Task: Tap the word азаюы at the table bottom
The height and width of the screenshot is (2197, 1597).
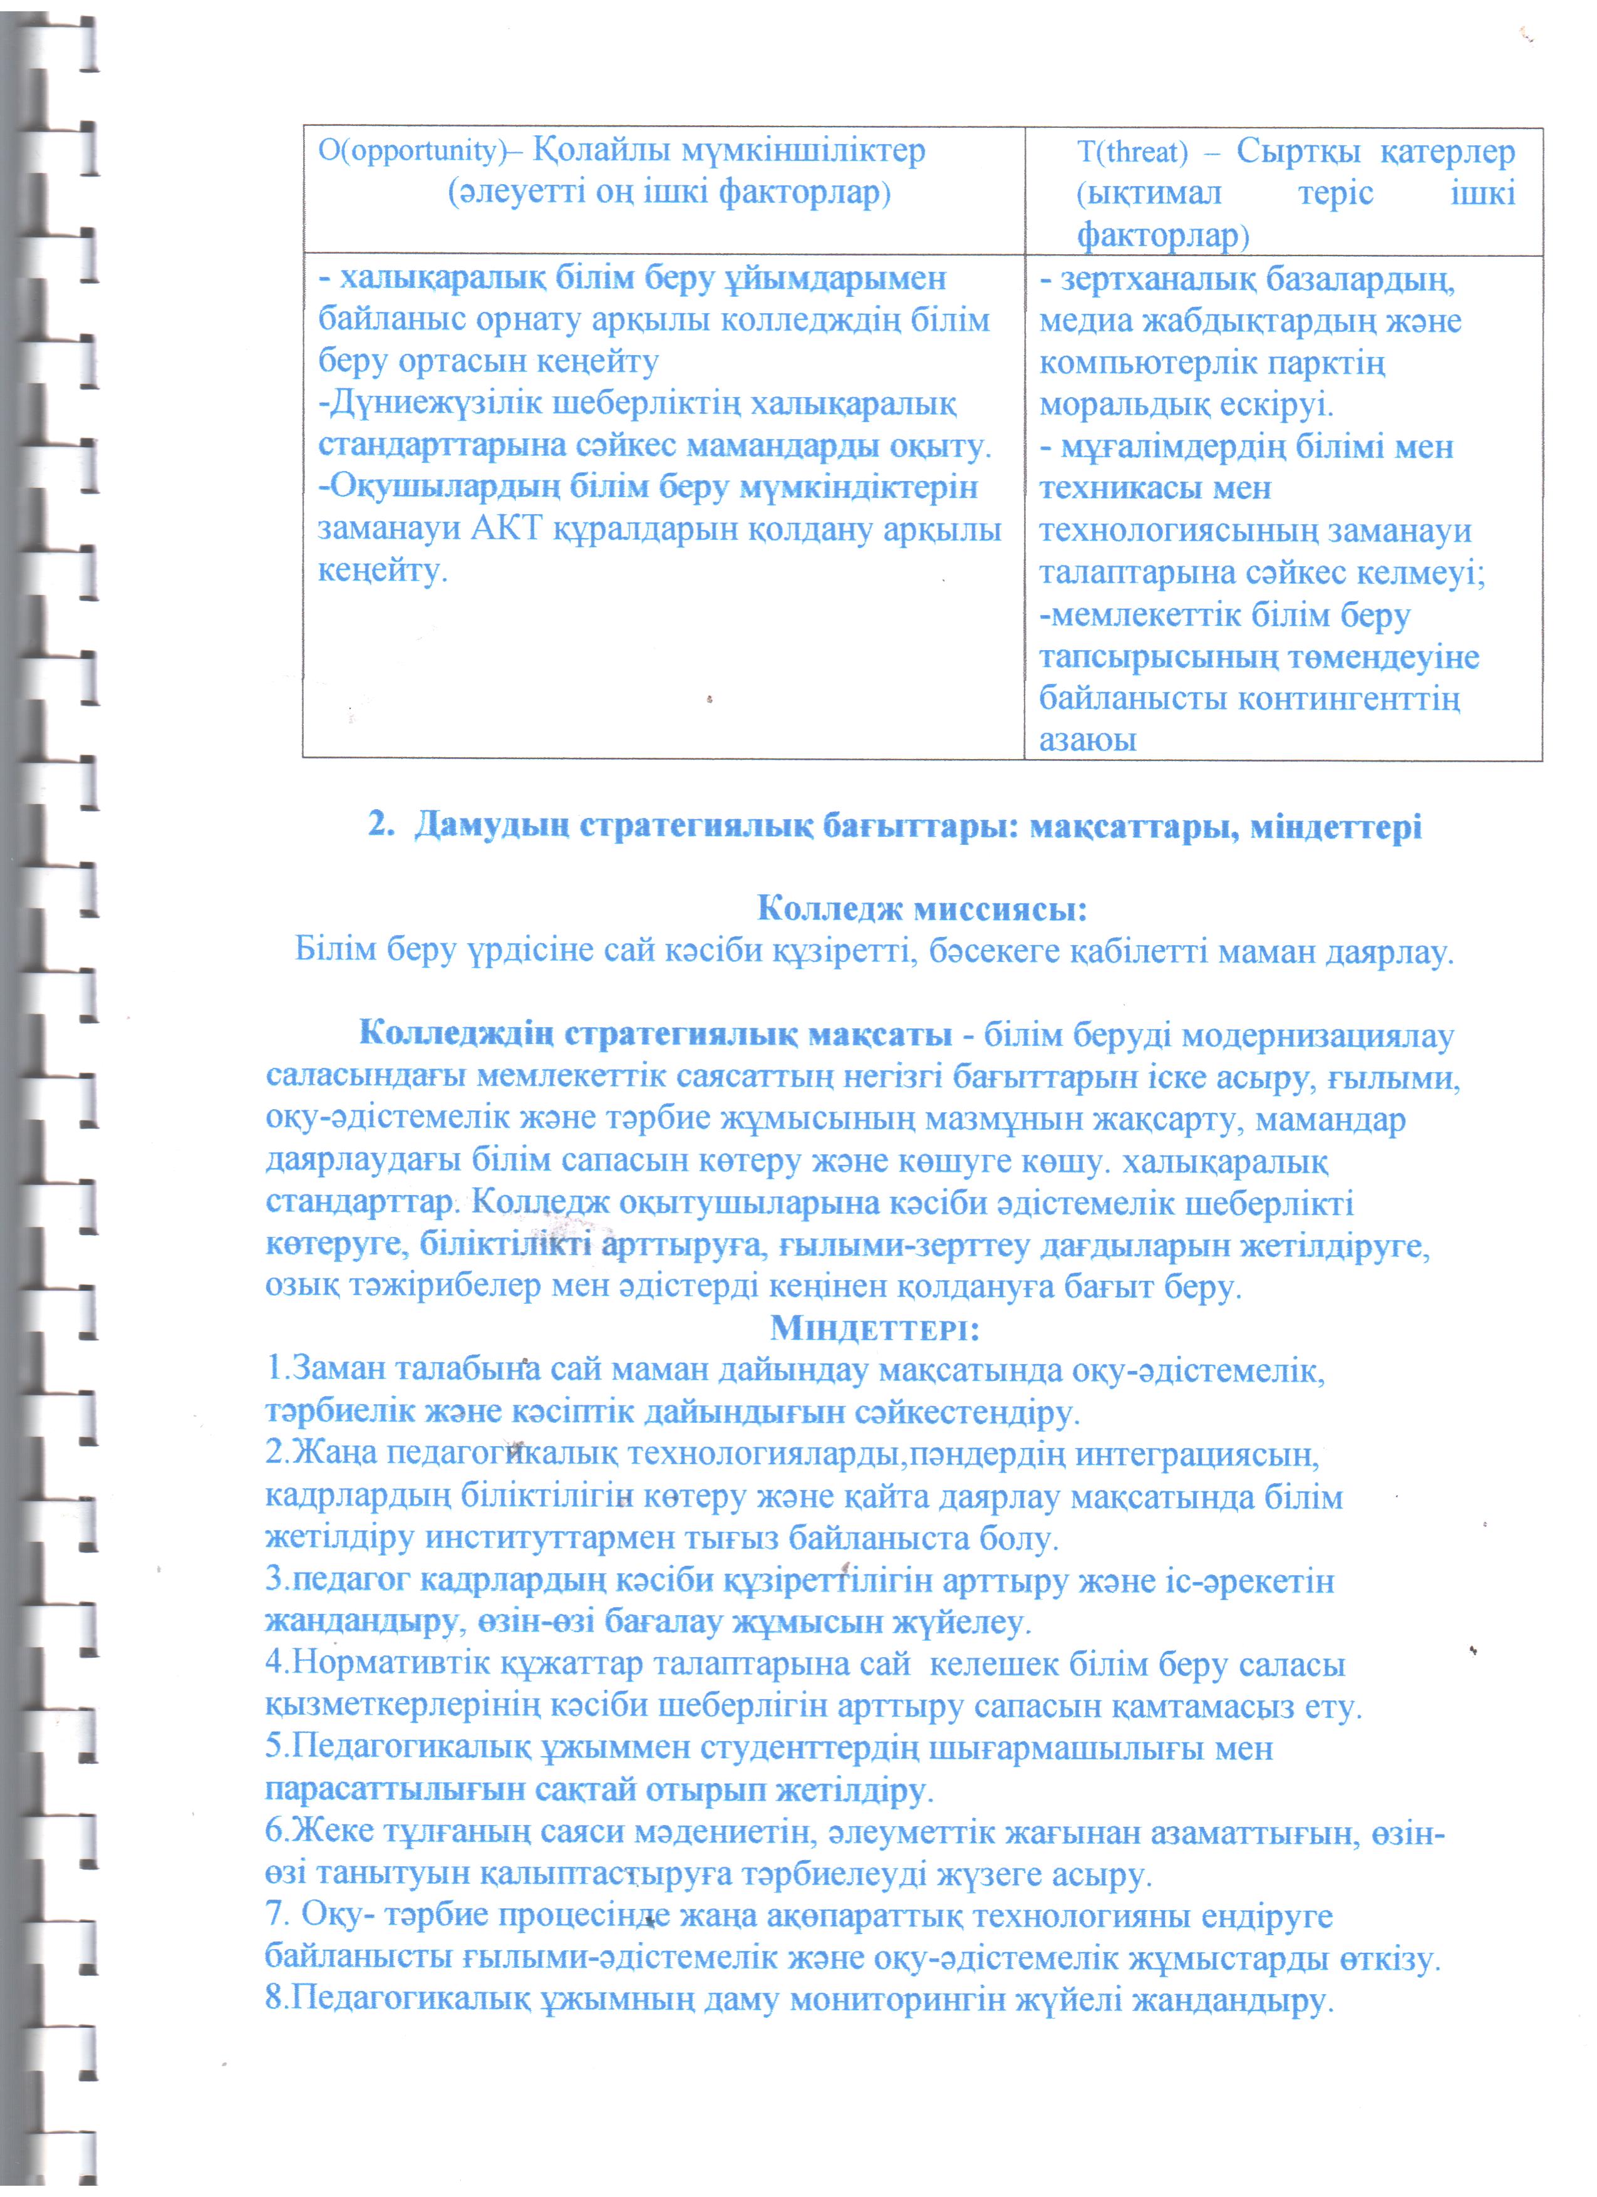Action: tap(1087, 740)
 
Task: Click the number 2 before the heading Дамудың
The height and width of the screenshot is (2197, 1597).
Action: tap(379, 826)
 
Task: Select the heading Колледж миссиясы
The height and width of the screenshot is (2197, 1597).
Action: tap(921, 909)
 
